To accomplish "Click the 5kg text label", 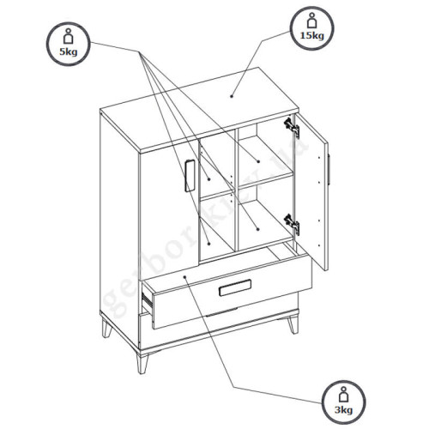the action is coord(69,52).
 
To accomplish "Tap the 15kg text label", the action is coord(311,36).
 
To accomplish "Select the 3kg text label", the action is coord(343,410).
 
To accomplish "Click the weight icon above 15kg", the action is coord(311,21).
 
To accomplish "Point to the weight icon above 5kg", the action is coord(68,36).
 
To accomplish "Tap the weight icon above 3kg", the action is coord(343,395).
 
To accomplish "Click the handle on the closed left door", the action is coord(190,176).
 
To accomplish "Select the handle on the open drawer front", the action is coord(235,287).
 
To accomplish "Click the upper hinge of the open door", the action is coord(292,126).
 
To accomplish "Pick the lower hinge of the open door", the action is coord(292,225).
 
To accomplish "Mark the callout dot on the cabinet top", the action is coord(232,96).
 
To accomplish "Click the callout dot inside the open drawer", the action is coord(184,277).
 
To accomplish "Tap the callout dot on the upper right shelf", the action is coord(258,161).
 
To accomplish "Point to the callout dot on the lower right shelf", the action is coord(257,229).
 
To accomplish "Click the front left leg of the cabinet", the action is coord(142,364).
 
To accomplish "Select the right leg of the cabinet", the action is coord(293,324).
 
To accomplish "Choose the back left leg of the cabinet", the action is coord(106,328).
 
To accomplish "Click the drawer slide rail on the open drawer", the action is coord(147,303).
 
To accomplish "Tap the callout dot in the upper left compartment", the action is coord(209,179).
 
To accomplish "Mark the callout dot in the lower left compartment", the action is coord(209,244).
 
